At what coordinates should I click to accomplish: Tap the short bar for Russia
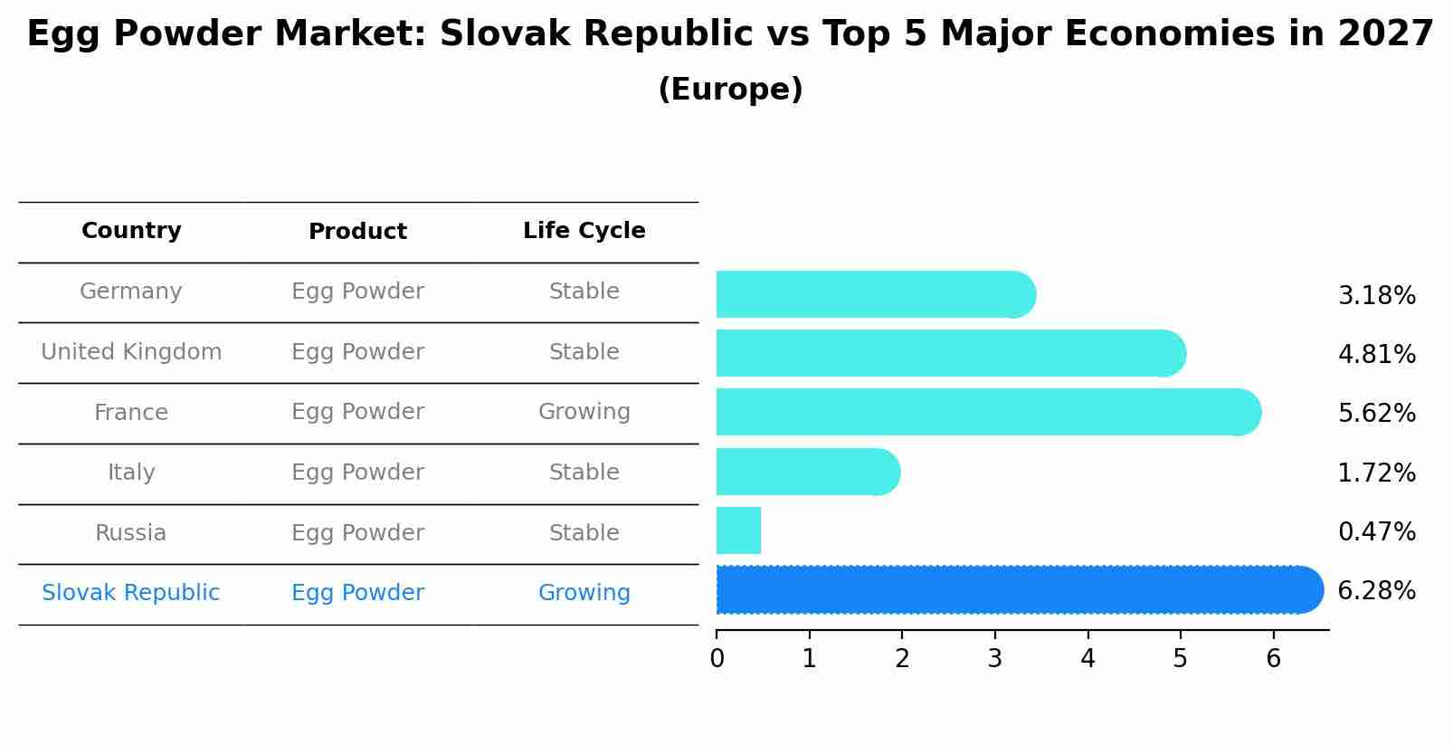click(738, 530)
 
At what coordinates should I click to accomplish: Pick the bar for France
click(986, 412)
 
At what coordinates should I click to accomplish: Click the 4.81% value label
click(1376, 354)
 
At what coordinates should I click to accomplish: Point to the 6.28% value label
click(1376, 591)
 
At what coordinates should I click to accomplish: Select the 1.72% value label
click(1376, 473)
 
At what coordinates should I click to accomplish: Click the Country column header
click(131, 231)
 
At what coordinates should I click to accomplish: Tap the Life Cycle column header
click(584, 231)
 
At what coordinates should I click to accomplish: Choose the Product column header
click(357, 232)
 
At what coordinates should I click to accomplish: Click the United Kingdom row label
click(131, 352)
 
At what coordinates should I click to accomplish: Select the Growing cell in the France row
click(584, 412)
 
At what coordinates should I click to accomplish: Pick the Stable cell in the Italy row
click(584, 473)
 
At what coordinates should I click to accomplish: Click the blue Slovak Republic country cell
click(131, 593)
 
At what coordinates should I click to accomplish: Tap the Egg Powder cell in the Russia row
click(357, 533)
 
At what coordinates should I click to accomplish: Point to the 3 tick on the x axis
click(995, 658)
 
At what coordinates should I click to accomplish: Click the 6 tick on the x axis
click(1273, 658)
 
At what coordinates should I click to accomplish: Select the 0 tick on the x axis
click(717, 658)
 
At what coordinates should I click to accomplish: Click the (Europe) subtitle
click(730, 90)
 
